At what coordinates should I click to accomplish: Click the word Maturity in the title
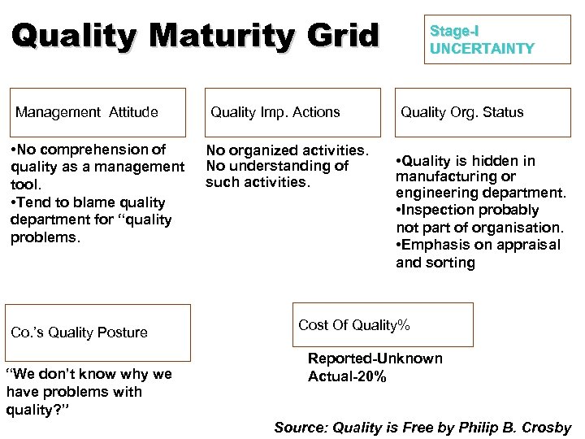click(228, 36)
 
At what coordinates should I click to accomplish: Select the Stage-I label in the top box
click(454, 31)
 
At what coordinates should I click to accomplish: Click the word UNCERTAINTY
click(482, 49)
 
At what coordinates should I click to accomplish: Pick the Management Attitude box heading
click(87, 112)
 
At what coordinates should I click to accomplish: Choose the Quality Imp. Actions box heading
click(275, 112)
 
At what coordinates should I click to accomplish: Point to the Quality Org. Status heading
click(461, 112)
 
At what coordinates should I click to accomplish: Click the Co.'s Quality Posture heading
click(80, 333)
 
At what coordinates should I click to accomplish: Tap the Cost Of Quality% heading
click(354, 325)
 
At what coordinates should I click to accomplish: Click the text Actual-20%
click(347, 376)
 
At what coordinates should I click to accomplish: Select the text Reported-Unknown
click(375, 359)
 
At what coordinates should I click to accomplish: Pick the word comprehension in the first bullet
click(102, 150)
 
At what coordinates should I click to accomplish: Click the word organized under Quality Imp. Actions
click(266, 150)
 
